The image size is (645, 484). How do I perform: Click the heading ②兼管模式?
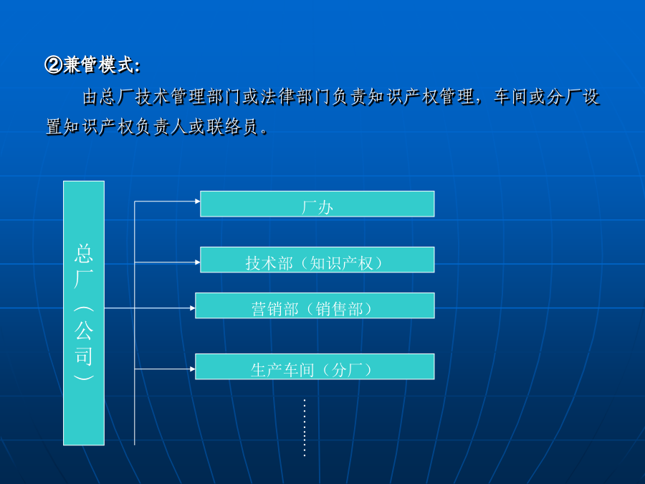tap(92, 65)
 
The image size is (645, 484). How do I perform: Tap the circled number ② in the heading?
tap(53, 65)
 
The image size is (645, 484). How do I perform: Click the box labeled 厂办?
tap(317, 204)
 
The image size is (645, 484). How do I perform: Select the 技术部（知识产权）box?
tap(317, 260)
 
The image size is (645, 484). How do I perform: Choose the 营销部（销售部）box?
tap(315, 305)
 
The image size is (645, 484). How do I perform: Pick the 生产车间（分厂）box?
tap(315, 366)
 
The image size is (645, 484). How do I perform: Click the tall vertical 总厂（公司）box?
tap(84, 313)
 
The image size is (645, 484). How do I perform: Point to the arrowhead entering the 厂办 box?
tap(198, 201)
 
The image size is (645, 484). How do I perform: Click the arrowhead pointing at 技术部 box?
tap(198, 262)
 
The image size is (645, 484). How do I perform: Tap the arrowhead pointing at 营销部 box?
tap(193, 308)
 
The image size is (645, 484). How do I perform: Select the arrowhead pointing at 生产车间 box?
tap(193, 369)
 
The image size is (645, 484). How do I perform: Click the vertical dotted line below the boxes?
tap(305, 427)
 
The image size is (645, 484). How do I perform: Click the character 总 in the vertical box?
tap(84, 253)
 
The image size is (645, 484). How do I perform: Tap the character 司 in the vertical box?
tap(84, 356)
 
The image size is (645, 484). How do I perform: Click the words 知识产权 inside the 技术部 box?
tap(341, 263)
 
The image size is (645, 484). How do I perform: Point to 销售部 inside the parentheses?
tap(340, 309)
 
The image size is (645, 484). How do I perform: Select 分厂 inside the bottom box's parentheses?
tap(348, 370)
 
